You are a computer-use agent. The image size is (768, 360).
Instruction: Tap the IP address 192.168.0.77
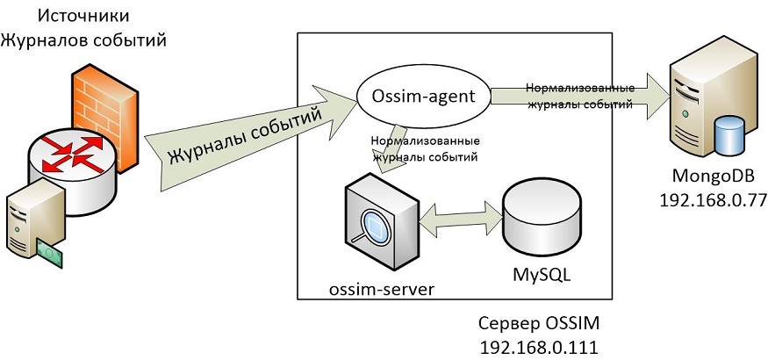pyautogui.click(x=713, y=201)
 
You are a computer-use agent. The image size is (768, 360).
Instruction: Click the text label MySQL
pyautogui.click(x=542, y=274)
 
